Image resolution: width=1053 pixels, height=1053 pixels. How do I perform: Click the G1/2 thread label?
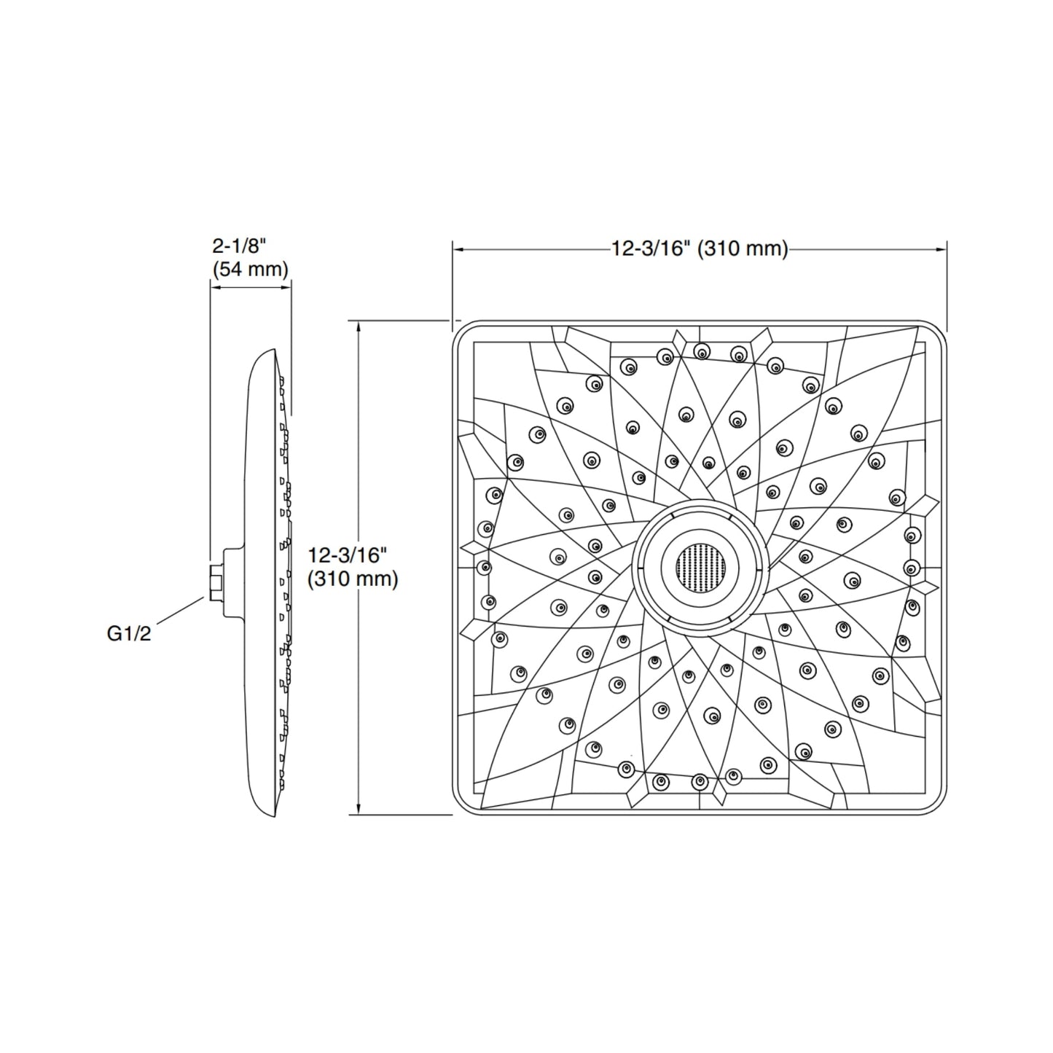tap(129, 634)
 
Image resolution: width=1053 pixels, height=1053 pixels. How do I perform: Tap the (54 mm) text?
tap(251, 269)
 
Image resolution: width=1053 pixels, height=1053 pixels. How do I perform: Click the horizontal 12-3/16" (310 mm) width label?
tap(700, 249)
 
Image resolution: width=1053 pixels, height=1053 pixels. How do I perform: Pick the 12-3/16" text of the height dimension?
tap(345, 555)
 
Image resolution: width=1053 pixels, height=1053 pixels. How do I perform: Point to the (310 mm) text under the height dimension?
tap(353, 579)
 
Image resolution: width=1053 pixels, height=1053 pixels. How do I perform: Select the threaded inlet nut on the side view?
tap(216, 582)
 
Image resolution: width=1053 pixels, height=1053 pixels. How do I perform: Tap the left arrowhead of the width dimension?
tap(459, 249)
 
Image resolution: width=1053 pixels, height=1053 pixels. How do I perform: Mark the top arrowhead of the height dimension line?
tap(359, 326)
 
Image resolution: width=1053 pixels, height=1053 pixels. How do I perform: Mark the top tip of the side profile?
tap(274, 351)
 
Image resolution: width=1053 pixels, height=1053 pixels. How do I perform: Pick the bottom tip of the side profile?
tap(274, 815)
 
